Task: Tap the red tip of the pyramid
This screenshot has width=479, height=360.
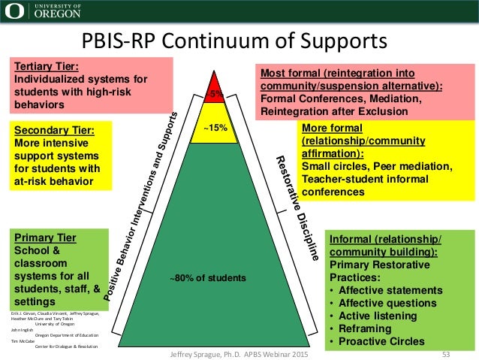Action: click(215, 89)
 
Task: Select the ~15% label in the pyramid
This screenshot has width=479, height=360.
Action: click(215, 128)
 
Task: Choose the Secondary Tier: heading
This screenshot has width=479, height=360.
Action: click(54, 129)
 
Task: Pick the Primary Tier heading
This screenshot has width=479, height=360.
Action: click(46, 239)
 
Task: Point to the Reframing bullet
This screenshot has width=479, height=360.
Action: click(369, 329)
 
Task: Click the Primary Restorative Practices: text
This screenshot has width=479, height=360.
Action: click(376, 265)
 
